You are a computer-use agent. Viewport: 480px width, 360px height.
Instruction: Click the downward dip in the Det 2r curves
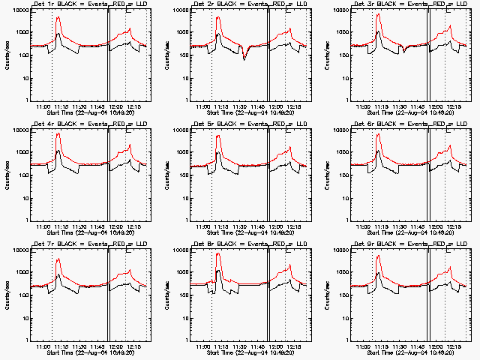(244, 56)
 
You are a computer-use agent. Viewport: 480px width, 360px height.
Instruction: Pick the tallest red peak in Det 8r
(218, 253)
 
